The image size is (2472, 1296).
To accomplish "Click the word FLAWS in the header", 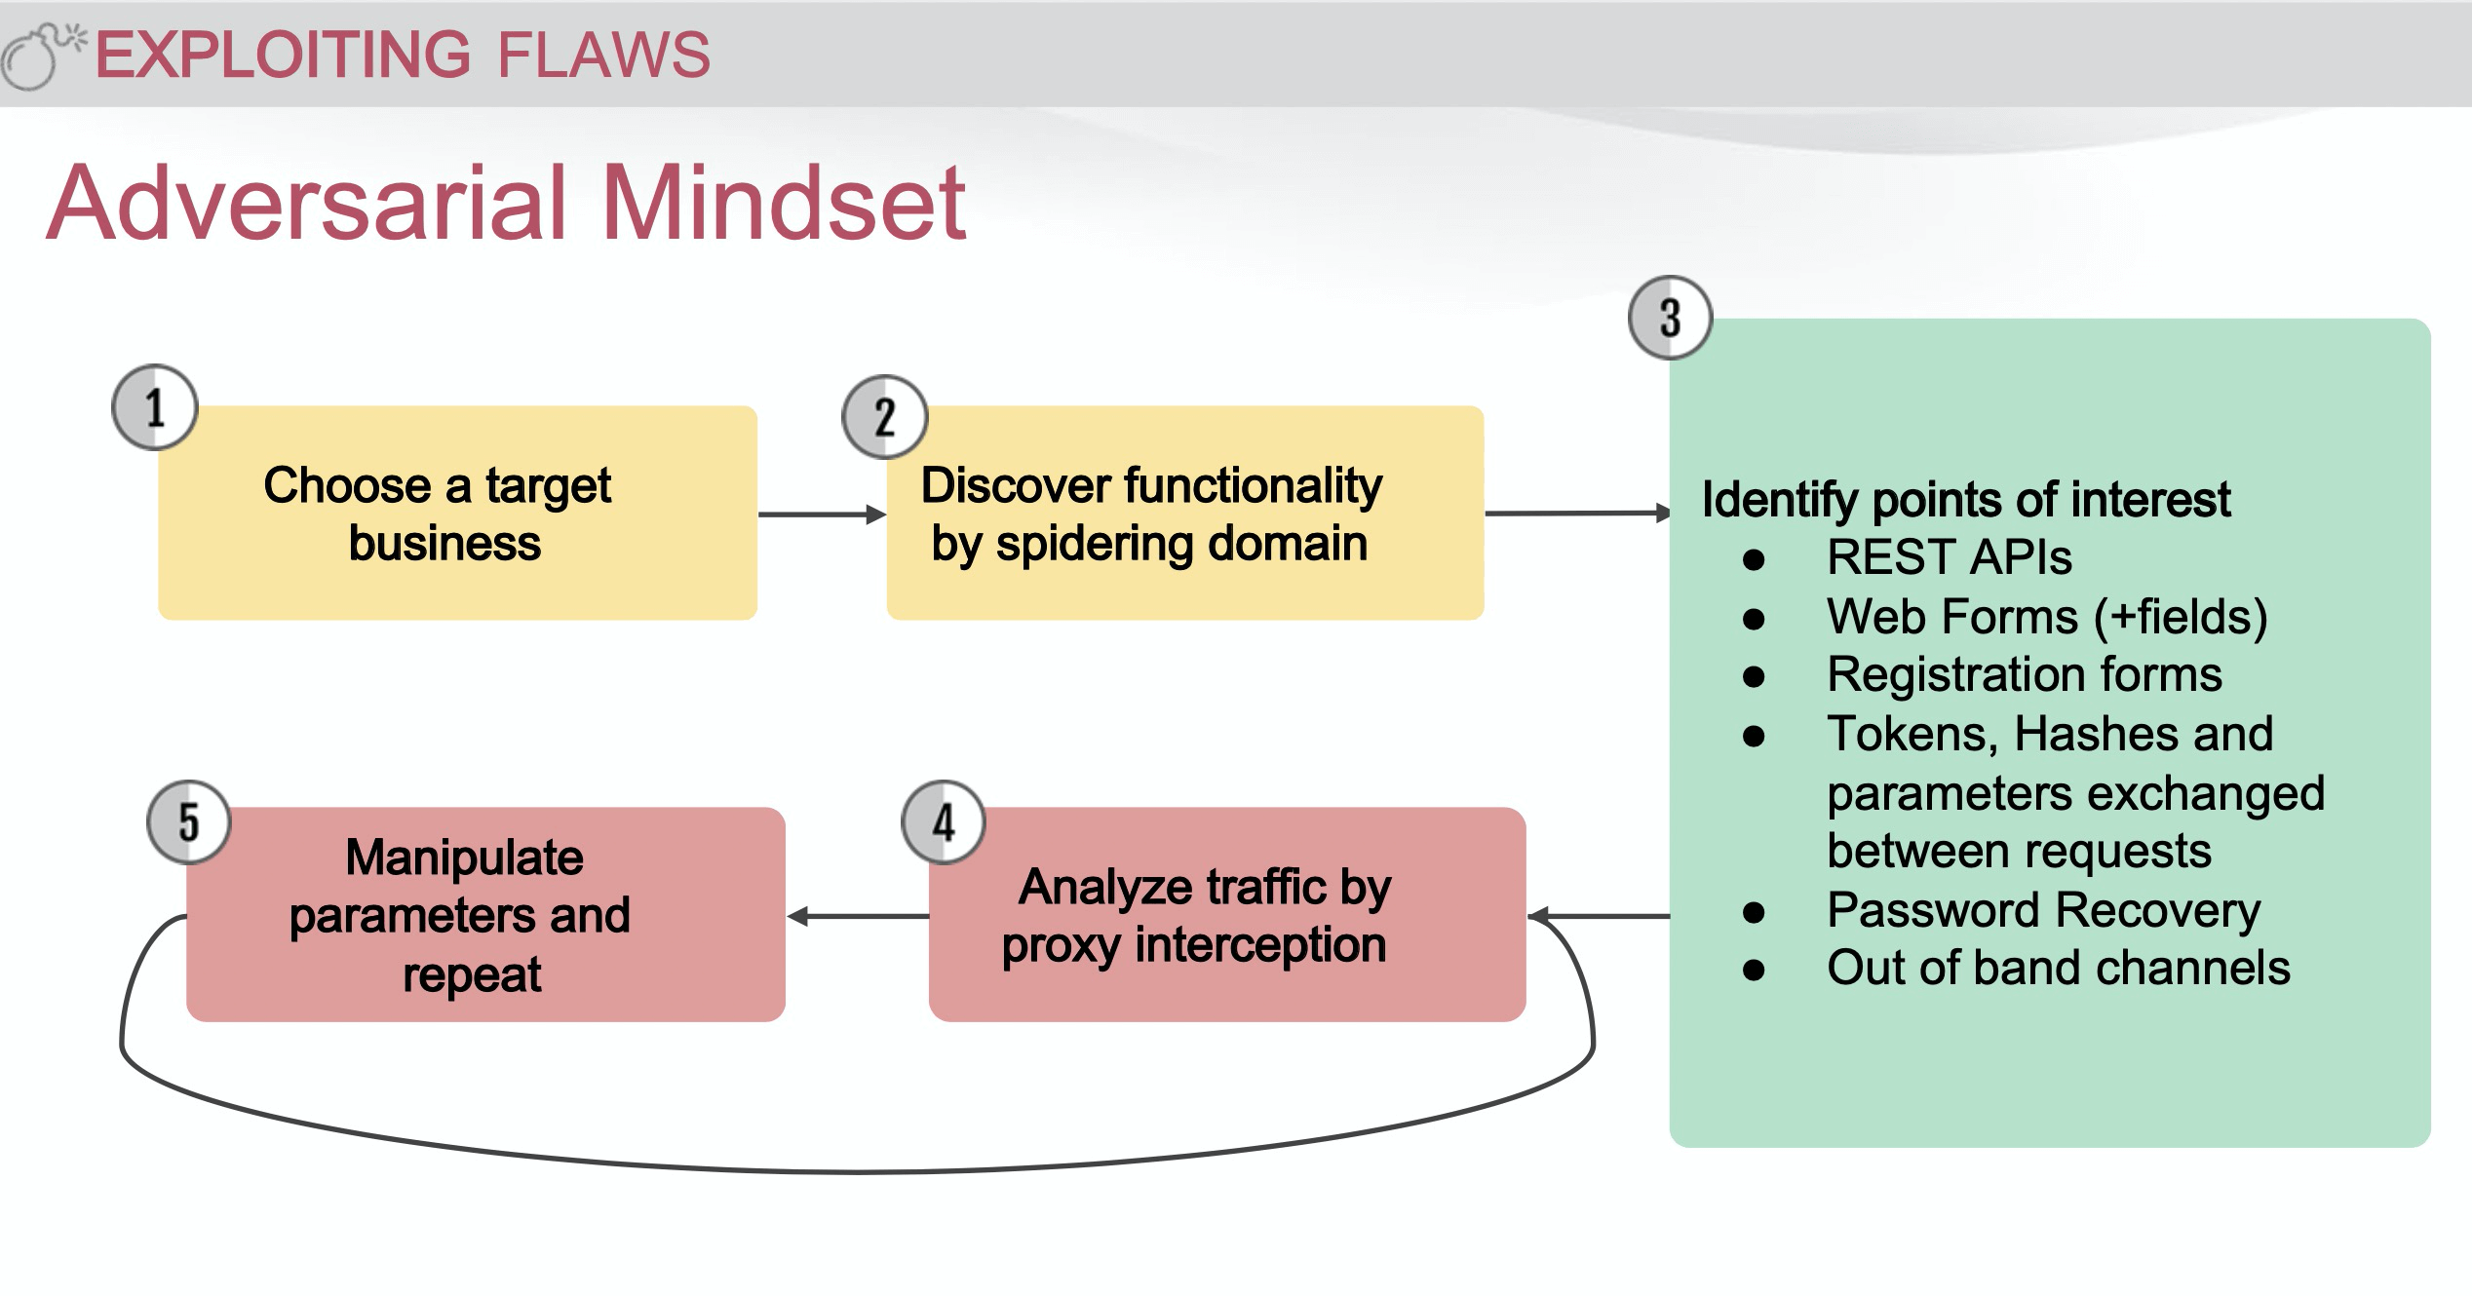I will (x=603, y=55).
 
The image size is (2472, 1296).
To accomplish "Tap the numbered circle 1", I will (x=155, y=407).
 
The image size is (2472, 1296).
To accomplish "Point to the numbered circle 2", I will (x=884, y=417).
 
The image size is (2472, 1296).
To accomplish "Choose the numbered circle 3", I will (x=1670, y=318).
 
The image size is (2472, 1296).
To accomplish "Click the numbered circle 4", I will (x=943, y=822).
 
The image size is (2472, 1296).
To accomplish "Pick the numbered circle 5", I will (x=188, y=822).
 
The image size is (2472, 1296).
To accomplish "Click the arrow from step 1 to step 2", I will (x=821, y=515).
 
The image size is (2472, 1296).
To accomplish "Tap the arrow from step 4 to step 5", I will (x=858, y=916).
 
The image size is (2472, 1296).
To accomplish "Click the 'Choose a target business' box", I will (x=457, y=514).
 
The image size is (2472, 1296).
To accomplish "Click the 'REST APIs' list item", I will (x=1949, y=557).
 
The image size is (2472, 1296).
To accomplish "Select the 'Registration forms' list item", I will (x=2024, y=674).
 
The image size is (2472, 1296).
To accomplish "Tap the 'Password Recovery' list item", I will (x=2043, y=910).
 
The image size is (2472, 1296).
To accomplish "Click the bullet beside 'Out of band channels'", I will (x=1754, y=970).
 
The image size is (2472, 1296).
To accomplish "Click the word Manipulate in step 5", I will (x=464, y=858).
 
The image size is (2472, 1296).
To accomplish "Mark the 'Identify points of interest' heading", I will (x=1965, y=499).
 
